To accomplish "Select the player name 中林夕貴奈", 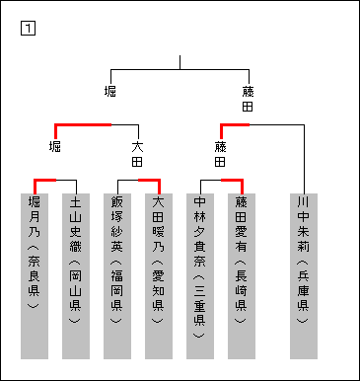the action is [x=200, y=229].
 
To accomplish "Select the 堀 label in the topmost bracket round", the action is [x=110, y=91].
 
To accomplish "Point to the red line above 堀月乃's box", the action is [x=44, y=180].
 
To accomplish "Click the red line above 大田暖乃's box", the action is [x=149, y=180].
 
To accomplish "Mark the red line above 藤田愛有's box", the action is [x=232, y=180].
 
